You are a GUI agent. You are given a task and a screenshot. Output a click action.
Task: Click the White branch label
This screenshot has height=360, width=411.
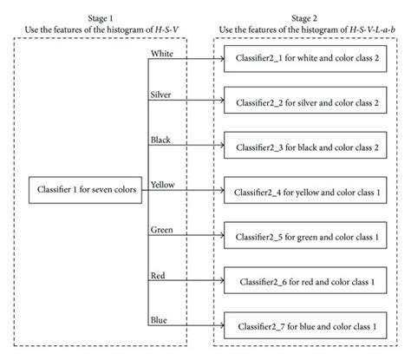pyautogui.click(x=163, y=54)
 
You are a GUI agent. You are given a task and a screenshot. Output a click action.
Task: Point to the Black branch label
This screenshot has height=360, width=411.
pyautogui.click(x=162, y=138)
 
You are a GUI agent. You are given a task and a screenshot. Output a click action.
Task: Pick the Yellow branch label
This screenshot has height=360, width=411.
pyautogui.click(x=163, y=184)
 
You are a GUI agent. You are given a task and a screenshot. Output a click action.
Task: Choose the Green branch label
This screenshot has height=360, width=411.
pyautogui.click(x=162, y=230)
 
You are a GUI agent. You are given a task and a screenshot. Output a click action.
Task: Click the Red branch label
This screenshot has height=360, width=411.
pyautogui.click(x=159, y=276)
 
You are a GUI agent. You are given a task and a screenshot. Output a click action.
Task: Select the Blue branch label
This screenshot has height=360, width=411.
pyautogui.click(x=160, y=322)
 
